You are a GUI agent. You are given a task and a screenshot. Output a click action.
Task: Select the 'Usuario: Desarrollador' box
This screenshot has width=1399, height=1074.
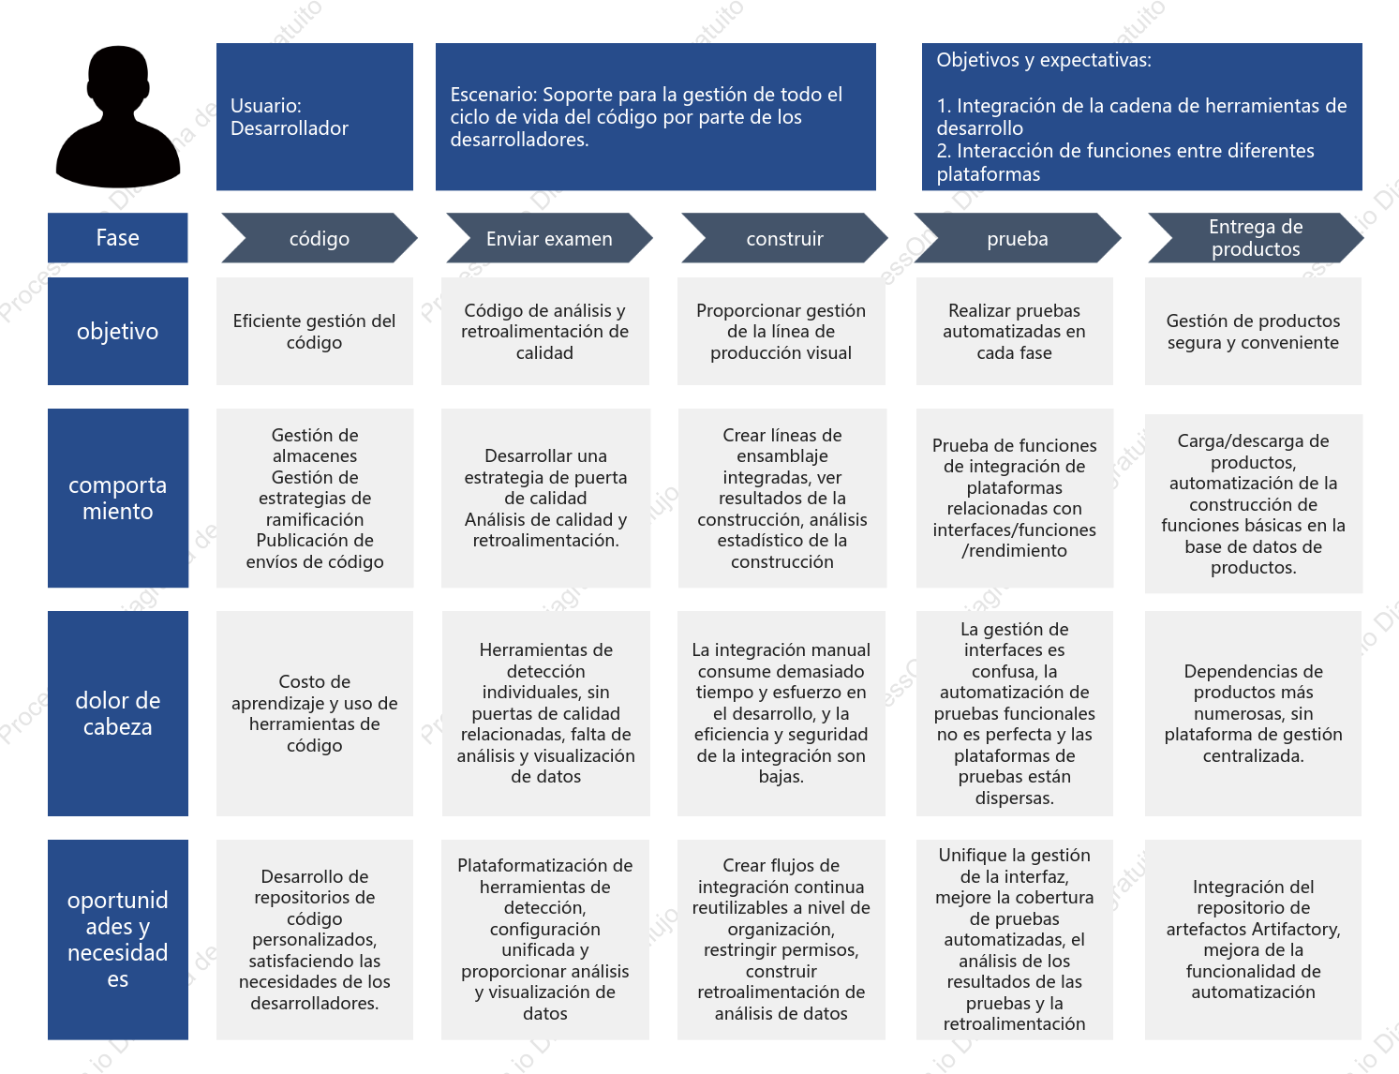click(x=314, y=116)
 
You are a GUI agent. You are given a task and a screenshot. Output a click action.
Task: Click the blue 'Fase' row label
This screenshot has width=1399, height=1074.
click(x=118, y=238)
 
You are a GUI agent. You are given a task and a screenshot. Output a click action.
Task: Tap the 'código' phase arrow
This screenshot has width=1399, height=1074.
click(x=320, y=238)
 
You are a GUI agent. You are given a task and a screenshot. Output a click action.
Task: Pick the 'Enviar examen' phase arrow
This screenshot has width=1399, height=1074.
click(x=549, y=238)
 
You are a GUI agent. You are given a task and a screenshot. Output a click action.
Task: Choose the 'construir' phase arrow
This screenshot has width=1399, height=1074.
click(x=784, y=238)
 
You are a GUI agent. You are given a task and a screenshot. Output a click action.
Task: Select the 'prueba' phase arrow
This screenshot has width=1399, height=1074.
click(x=1018, y=238)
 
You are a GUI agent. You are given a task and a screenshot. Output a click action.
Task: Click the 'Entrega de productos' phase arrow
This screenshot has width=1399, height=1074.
click(x=1256, y=238)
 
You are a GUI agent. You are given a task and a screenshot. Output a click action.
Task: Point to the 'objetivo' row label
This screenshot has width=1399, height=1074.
click(x=118, y=331)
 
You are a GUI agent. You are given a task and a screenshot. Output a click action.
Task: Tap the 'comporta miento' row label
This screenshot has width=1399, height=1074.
click(x=118, y=498)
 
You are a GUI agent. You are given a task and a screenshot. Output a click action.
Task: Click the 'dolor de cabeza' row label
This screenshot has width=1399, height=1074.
click(x=118, y=713)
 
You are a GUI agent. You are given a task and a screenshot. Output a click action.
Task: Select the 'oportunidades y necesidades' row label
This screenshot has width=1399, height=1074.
click(x=118, y=939)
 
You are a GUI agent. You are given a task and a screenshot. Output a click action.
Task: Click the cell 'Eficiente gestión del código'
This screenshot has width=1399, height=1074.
click(x=314, y=331)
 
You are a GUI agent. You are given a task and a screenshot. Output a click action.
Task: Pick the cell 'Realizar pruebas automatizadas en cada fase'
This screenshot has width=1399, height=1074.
click(x=1014, y=331)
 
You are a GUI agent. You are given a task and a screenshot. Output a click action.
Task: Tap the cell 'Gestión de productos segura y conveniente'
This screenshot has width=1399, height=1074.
click(x=1253, y=331)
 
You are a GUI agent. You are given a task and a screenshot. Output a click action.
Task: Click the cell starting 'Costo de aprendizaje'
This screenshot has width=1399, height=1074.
click(x=314, y=713)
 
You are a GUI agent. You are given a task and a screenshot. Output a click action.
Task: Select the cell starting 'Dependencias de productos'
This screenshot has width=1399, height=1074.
click(x=1253, y=713)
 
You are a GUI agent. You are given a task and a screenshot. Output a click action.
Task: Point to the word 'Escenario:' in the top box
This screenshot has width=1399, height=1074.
click(x=493, y=95)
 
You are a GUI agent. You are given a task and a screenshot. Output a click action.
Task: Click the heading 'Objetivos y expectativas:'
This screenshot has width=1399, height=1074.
click(x=1044, y=60)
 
